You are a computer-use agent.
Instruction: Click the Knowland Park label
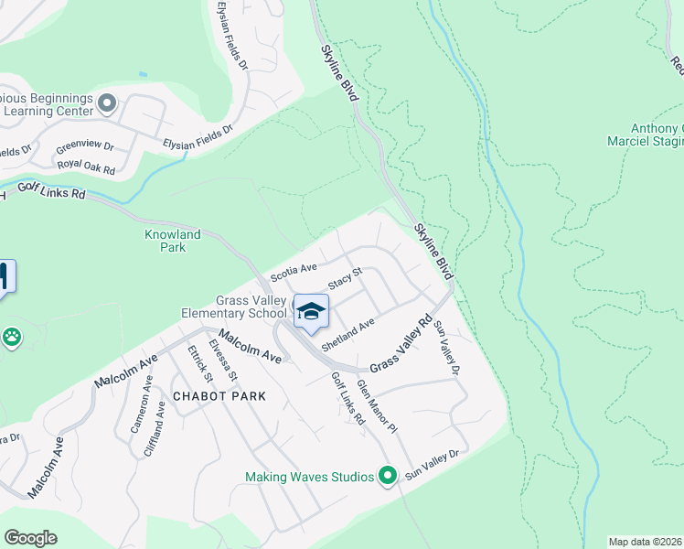[172, 241]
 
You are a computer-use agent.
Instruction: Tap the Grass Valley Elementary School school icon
[311, 311]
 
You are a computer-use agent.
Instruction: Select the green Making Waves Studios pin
[388, 476]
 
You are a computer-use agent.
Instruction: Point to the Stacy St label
[346, 274]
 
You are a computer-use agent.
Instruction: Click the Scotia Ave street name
[294, 272]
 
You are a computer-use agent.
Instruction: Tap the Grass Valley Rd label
[401, 344]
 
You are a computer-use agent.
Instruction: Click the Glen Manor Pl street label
[377, 405]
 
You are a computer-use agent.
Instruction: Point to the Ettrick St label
[199, 363]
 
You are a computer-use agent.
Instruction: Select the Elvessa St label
[223, 361]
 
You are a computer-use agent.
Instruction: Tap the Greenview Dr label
[85, 145]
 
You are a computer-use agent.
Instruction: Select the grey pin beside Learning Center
[108, 103]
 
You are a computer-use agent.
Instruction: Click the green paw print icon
[11, 338]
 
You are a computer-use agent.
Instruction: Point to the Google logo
[30, 537]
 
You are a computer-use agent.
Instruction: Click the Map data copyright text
[646, 542]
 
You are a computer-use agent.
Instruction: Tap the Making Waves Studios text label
[310, 477]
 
